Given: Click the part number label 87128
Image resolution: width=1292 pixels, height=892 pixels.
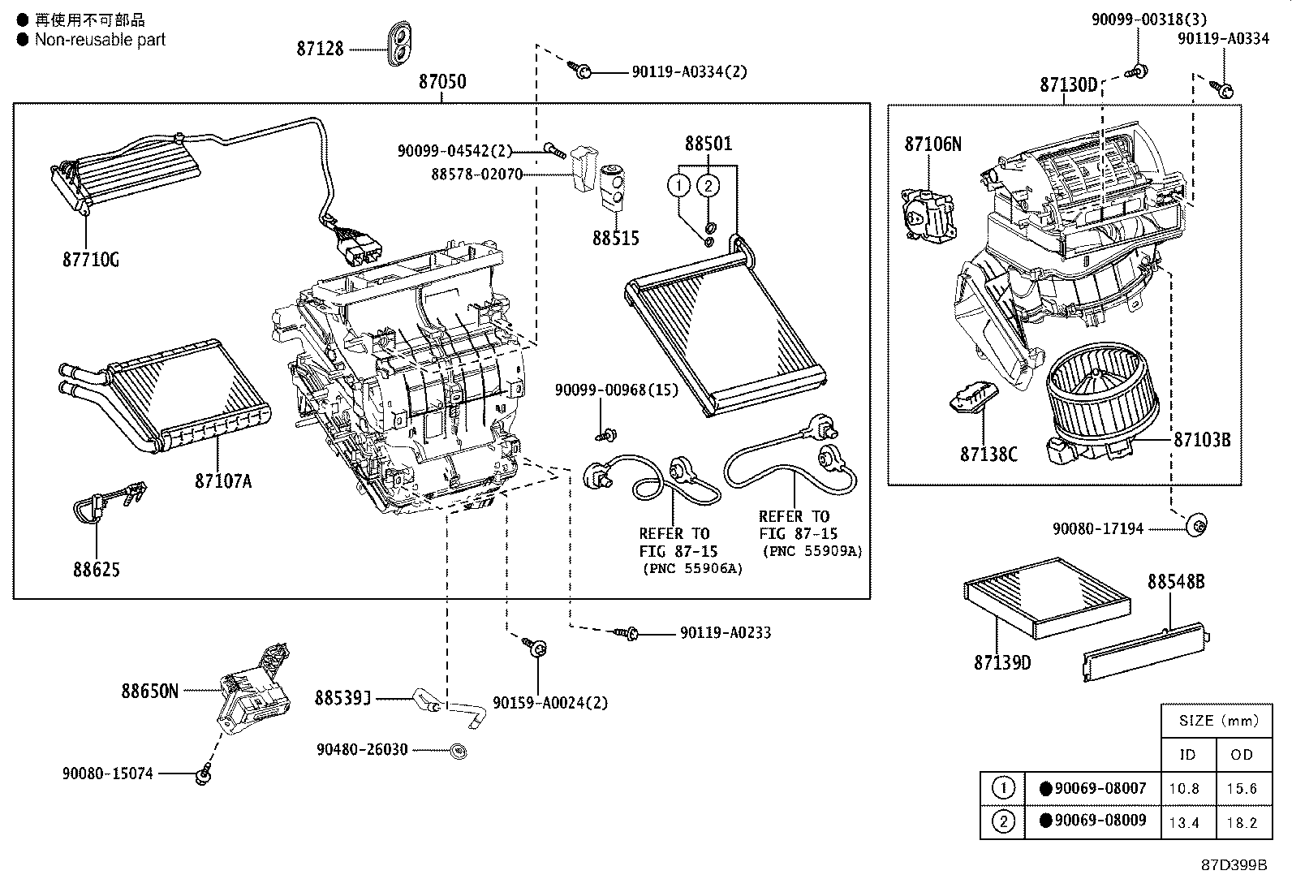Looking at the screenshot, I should coord(320,49).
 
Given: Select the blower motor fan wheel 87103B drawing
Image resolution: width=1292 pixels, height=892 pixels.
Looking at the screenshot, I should coord(1103,401).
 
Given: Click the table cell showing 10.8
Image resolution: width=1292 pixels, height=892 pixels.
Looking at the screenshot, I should coord(1184,789).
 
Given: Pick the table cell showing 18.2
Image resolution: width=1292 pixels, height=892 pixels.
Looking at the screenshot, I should coord(1242,822).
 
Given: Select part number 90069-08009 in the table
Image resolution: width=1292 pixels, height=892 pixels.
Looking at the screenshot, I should coord(1100,821).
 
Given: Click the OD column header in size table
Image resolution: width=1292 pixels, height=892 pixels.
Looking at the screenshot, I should coord(1242,755).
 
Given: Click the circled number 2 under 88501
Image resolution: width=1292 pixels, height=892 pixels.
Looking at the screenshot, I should coord(708,186).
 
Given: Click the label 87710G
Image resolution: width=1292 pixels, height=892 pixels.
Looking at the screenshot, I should coord(91,260).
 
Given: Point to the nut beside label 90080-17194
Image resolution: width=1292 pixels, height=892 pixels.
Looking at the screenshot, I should coord(1197,525).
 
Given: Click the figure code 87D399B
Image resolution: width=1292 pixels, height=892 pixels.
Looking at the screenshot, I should coord(1234,865).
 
